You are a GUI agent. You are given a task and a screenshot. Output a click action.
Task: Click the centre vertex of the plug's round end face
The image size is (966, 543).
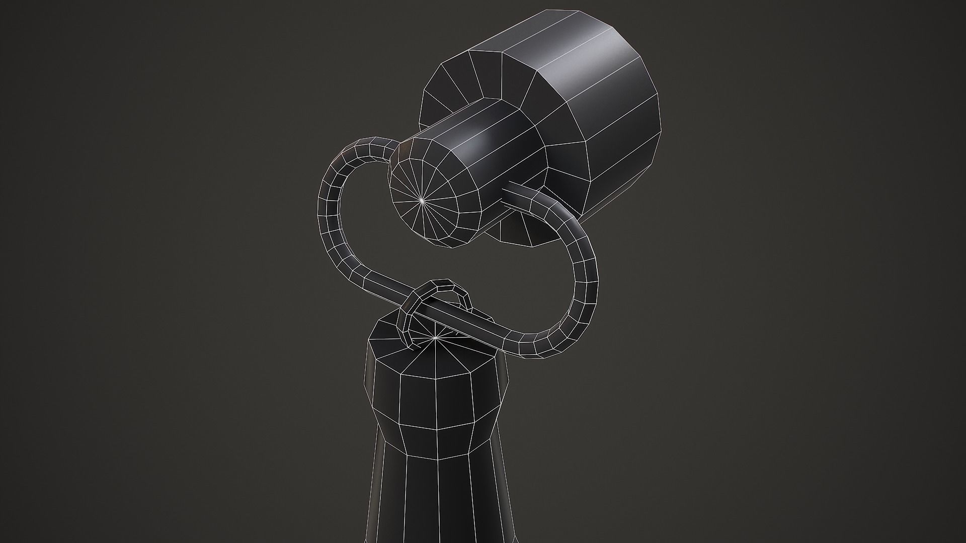click(422, 200)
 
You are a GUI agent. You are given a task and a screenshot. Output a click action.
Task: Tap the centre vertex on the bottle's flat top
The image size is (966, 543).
click(436, 338)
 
